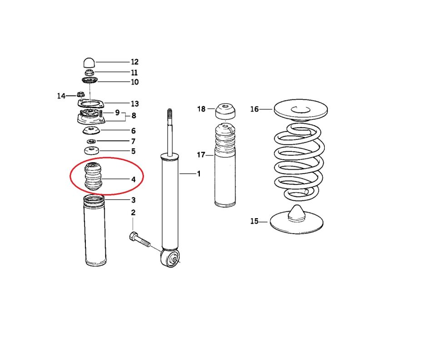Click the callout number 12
[x=134, y=62]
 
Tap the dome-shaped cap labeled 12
[x=89, y=62]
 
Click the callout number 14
[x=61, y=96]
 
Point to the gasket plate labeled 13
[x=90, y=106]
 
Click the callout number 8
[x=134, y=115]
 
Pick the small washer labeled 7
[x=90, y=142]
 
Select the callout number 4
[x=134, y=180]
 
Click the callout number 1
[x=198, y=174]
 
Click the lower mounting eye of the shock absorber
[x=172, y=260]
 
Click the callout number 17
[x=201, y=155]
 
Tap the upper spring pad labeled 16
[x=301, y=110]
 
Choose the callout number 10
[x=134, y=82]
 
